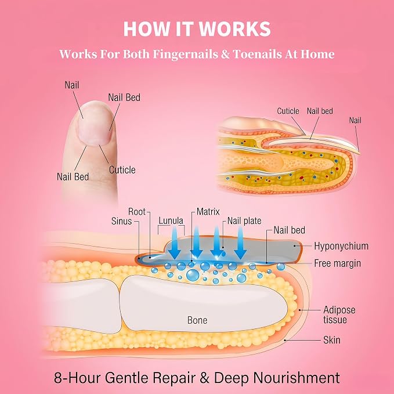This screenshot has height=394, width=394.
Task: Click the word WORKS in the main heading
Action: pyautogui.click(x=235, y=29)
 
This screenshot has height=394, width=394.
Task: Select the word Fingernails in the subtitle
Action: pyautogui.click(x=186, y=55)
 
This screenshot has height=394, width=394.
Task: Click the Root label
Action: pyautogui.click(x=137, y=212)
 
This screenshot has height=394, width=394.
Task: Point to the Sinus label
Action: pyautogui.click(x=122, y=221)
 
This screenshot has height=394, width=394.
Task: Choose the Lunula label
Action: pyautogui.click(x=171, y=221)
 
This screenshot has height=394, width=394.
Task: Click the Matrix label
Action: pyautogui.click(x=208, y=212)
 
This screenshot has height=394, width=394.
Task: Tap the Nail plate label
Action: pyautogui.click(x=244, y=221)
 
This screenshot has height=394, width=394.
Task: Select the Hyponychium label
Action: pyautogui.click(x=341, y=246)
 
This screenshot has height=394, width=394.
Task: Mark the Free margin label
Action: pyautogui.click(x=338, y=263)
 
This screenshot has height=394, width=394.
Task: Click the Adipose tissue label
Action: pyautogui.click(x=339, y=315)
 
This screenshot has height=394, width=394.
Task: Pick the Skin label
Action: pyautogui.click(x=332, y=340)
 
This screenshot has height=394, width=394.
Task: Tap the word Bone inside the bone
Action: pyautogui.click(x=197, y=320)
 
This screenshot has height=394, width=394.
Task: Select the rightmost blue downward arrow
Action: pyautogui.click(x=240, y=243)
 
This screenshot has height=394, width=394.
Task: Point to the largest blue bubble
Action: pyautogui.click(x=193, y=275)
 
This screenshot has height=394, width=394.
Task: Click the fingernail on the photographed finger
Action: pyautogui.click(x=95, y=125)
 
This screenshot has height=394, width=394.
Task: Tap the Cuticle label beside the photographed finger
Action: pyautogui.click(x=122, y=170)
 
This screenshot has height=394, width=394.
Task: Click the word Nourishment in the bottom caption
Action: pyautogui.click(x=297, y=378)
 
